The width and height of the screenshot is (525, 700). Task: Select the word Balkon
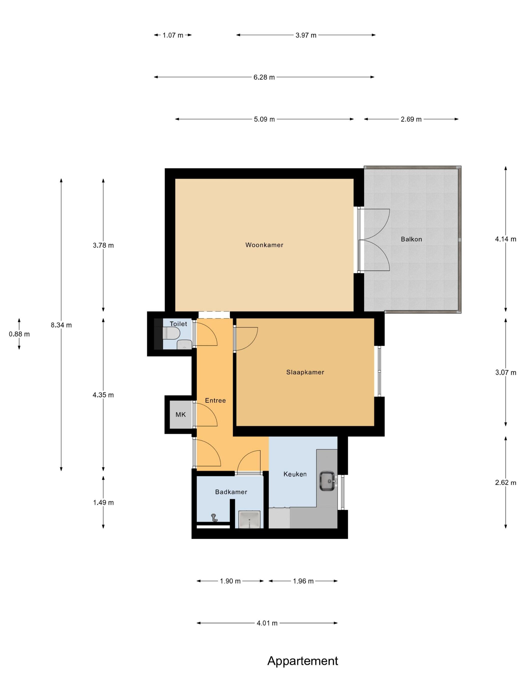pyautogui.click(x=411, y=239)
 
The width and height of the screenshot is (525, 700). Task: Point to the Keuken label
pyautogui.click(x=295, y=474)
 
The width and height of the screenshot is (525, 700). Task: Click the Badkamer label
pyautogui.click(x=231, y=492)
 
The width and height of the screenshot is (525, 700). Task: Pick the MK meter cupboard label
pyautogui.click(x=181, y=414)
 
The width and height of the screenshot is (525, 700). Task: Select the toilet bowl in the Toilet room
pyautogui.click(x=171, y=333)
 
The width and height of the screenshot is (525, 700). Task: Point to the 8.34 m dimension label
pyautogui.click(x=61, y=325)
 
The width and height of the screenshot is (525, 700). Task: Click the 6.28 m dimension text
pyautogui.click(x=264, y=77)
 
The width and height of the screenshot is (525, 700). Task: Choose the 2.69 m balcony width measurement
pyautogui.click(x=411, y=119)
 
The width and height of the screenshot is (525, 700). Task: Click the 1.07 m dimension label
pyautogui.click(x=173, y=35)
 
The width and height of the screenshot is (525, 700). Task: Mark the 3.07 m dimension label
pyautogui.click(x=506, y=372)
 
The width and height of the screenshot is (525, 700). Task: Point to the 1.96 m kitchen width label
pyautogui.click(x=303, y=581)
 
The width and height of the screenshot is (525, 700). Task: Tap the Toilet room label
pyautogui.click(x=178, y=324)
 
